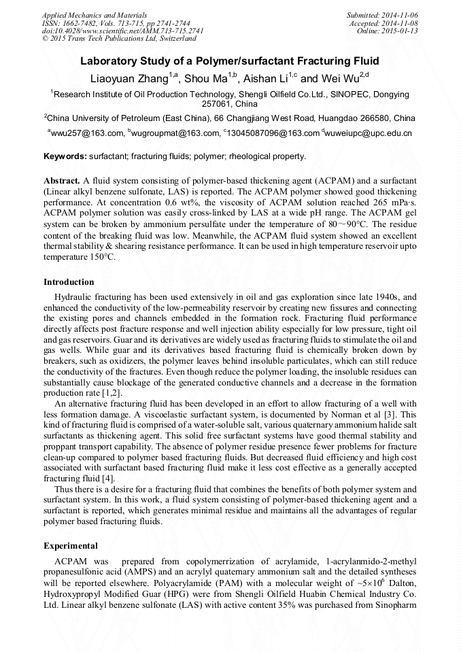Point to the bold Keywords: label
(x=65, y=156)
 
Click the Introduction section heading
(x=69, y=281)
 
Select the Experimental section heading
(x=71, y=546)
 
